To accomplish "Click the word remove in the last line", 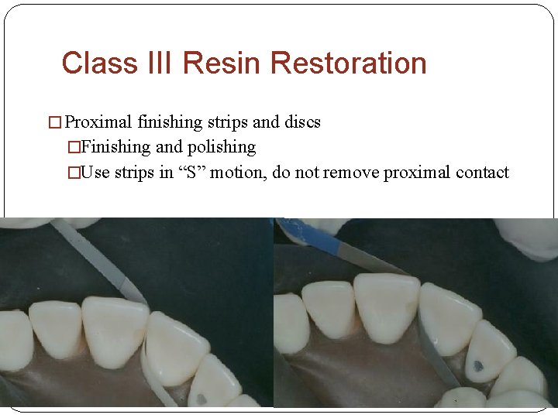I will coord(350,172).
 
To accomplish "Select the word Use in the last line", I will coord(95,172).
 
